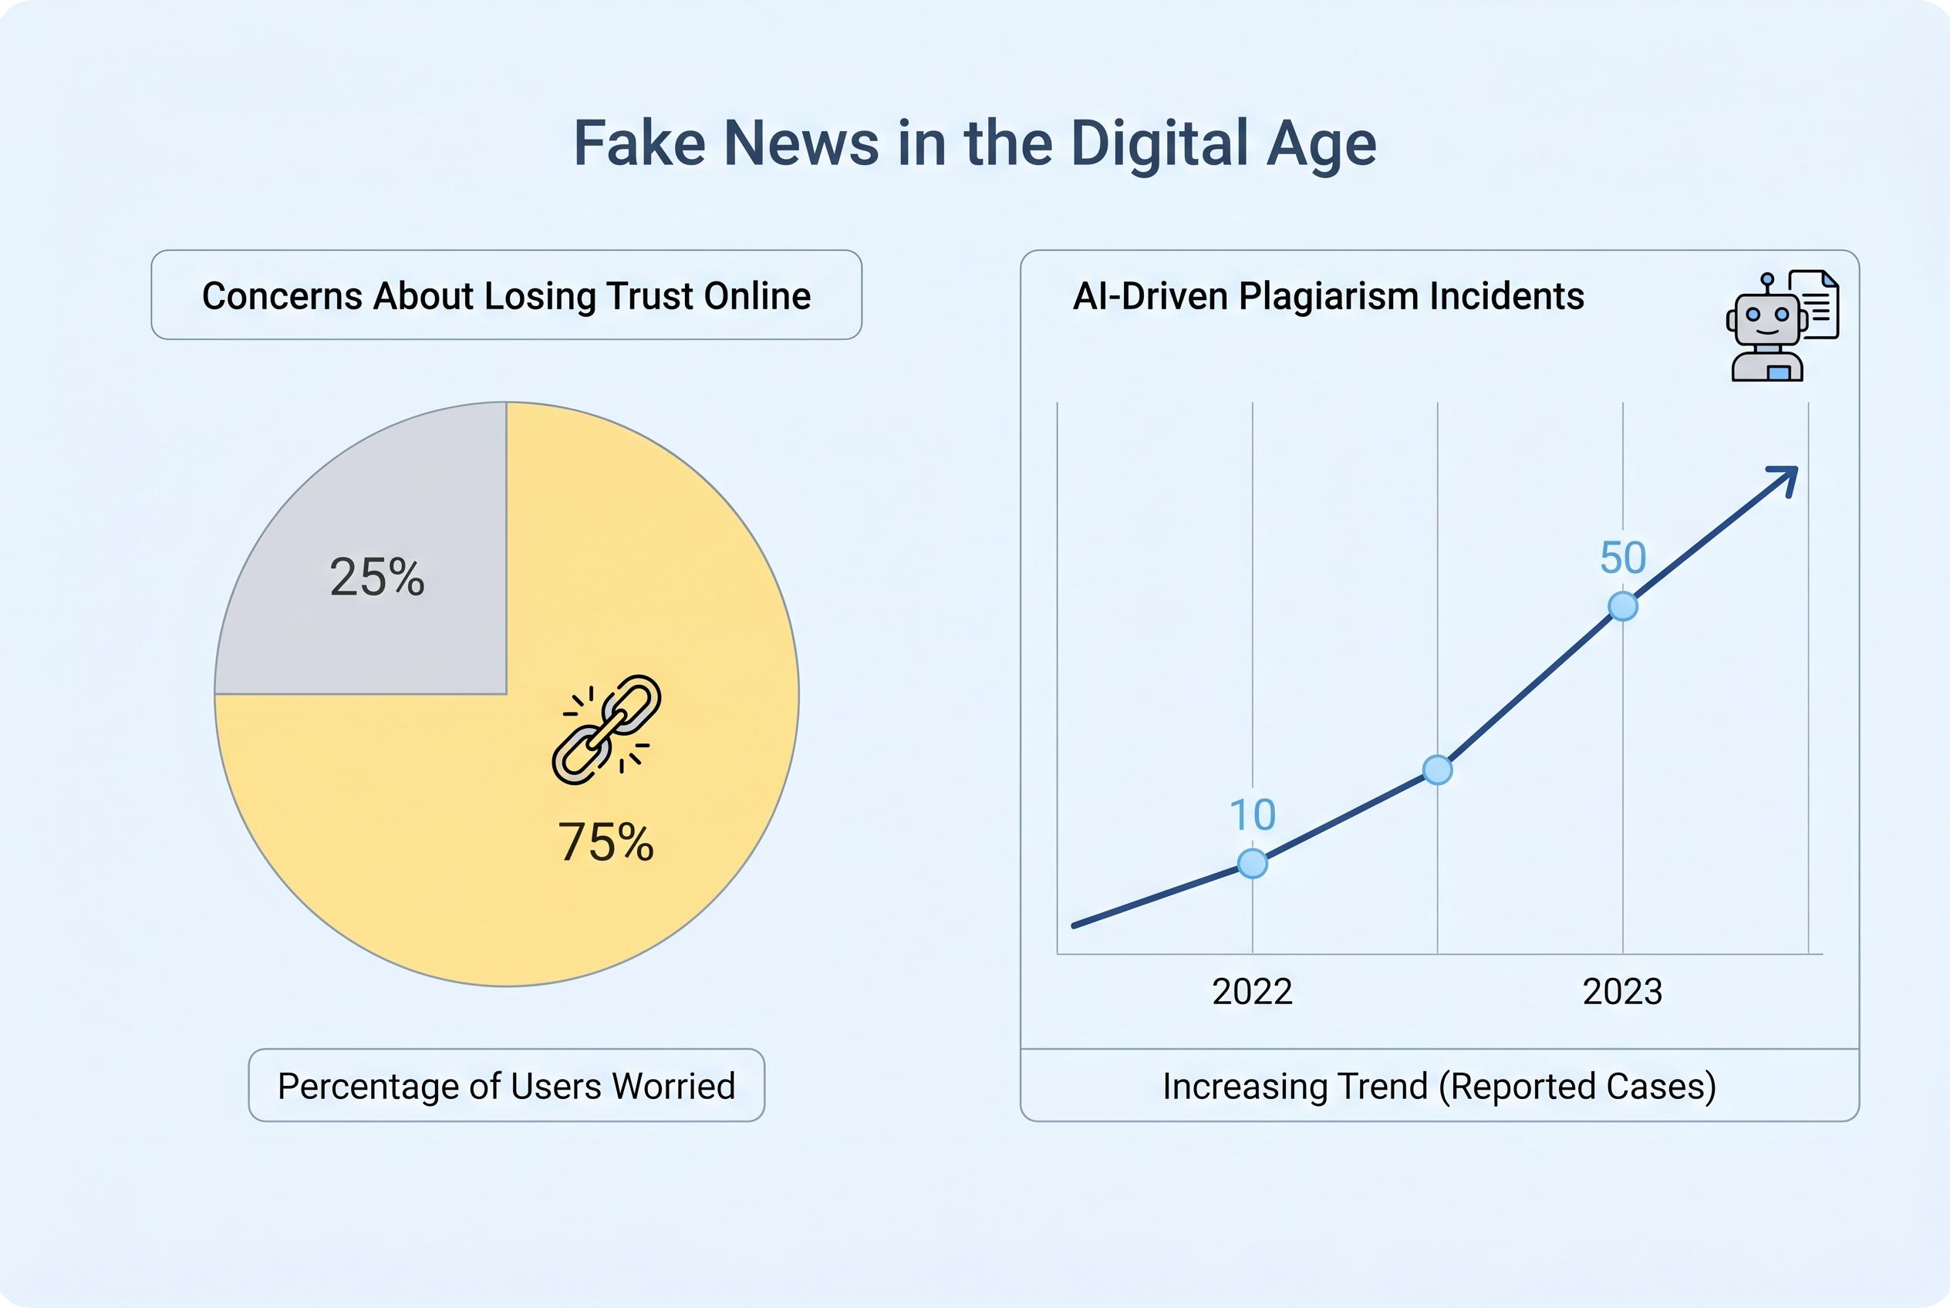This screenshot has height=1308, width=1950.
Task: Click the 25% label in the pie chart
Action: (x=377, y=577)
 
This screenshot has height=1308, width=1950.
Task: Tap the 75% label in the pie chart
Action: (x=606, y=841)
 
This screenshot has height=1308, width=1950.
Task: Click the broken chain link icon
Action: (x=606, y=729)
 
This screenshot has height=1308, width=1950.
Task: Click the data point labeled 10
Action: (x=1253, y=863)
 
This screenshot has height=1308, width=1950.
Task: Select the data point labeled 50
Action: (x=1622, y=606)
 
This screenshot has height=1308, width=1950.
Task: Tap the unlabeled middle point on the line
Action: (x=1437, y=770)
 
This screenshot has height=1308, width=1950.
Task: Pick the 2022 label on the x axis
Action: (x=1253, y=992)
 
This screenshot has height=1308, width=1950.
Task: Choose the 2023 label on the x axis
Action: (x=1622, y=992)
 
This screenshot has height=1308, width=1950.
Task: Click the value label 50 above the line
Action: (x=1622, y=558)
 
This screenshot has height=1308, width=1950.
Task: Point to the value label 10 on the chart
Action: (x=1253, y=815)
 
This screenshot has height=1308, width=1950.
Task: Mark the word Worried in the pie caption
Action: (x=673, y=1086)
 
